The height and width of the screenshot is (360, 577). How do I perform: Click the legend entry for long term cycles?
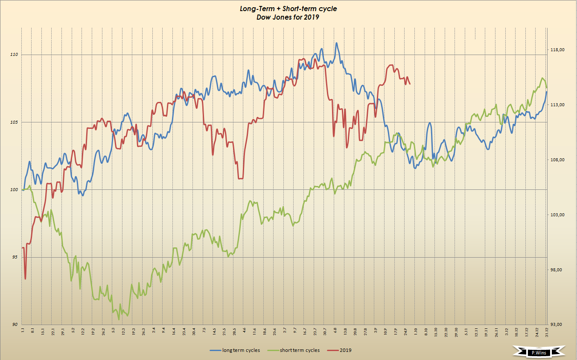pyautogui.click(x=235, y=350)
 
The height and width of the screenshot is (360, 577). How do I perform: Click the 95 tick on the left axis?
pyautogui.click(x=15, y=257)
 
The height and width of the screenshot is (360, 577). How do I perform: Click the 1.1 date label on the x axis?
pyautogui.click(x=23, y=330)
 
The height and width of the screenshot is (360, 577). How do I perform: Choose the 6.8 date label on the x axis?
pyautogui.click(x=335, y=330)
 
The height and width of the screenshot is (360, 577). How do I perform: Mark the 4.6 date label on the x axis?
pyautogui.click(x=244, y=330)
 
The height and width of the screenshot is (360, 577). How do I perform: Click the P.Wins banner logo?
pyautogui.click(x=539, y=353)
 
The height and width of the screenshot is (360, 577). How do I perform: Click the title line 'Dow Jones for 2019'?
pyautogui.click(x=288, y=17)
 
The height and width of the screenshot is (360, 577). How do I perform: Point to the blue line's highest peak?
pyautogui.click(x=336, y=43)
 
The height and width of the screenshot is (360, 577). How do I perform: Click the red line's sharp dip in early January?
pyautogui.click(x=25, y=279)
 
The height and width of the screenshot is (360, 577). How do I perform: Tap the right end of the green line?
pyautogui.click(x=547, y=88)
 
